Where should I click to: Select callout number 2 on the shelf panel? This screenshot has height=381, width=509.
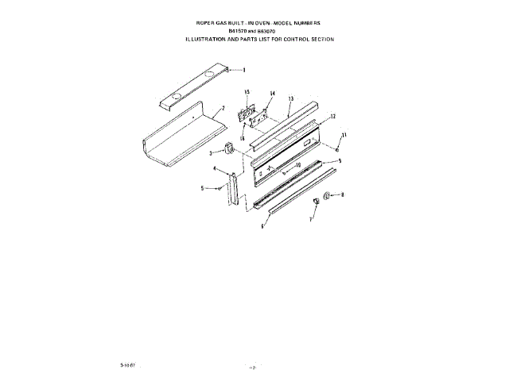[223, 107]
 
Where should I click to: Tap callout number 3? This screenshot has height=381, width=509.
[211, 152]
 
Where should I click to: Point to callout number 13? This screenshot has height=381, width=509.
[290, 99]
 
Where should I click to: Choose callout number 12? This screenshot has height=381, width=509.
[332, 117]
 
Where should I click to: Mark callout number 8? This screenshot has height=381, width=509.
[343, 194]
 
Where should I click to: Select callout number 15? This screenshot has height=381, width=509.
[247, 93]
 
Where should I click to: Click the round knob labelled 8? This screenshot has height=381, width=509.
[328, 194]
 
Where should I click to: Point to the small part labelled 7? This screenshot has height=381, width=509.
[316, 201]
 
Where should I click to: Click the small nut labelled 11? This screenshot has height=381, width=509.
[337, 148]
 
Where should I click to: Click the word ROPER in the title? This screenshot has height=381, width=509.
[194, 25]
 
